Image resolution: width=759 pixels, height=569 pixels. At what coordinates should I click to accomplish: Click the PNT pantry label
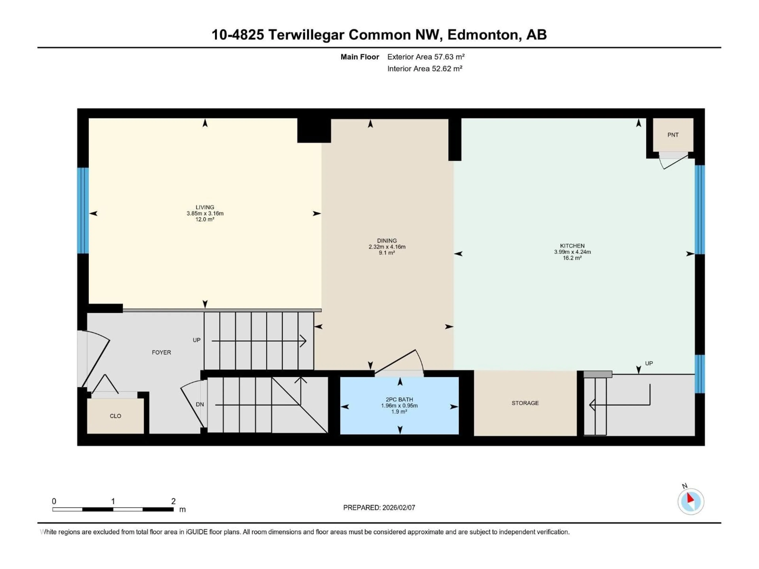tap(673, 135)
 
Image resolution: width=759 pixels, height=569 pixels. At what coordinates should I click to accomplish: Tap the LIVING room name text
tap(205, 207)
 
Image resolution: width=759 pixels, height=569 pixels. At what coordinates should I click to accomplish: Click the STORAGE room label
tap(525, 403)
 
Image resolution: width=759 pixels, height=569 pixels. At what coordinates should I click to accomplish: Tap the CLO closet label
tap(115, 416)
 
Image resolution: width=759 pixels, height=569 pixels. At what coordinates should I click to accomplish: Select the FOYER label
tap(161, 352)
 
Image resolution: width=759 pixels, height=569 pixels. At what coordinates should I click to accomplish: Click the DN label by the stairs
tap(200, 404)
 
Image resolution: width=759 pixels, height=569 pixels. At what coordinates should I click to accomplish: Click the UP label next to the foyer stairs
tap(196, 340)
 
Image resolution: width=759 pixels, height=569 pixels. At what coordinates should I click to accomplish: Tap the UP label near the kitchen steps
tap(649, 363)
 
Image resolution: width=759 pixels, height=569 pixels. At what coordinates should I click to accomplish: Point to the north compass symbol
tap(691, 501)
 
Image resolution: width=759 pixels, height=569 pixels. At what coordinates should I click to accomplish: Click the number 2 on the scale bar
tap(173, 501)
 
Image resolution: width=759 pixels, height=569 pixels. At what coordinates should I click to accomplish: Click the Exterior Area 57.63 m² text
tap(426, 57)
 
